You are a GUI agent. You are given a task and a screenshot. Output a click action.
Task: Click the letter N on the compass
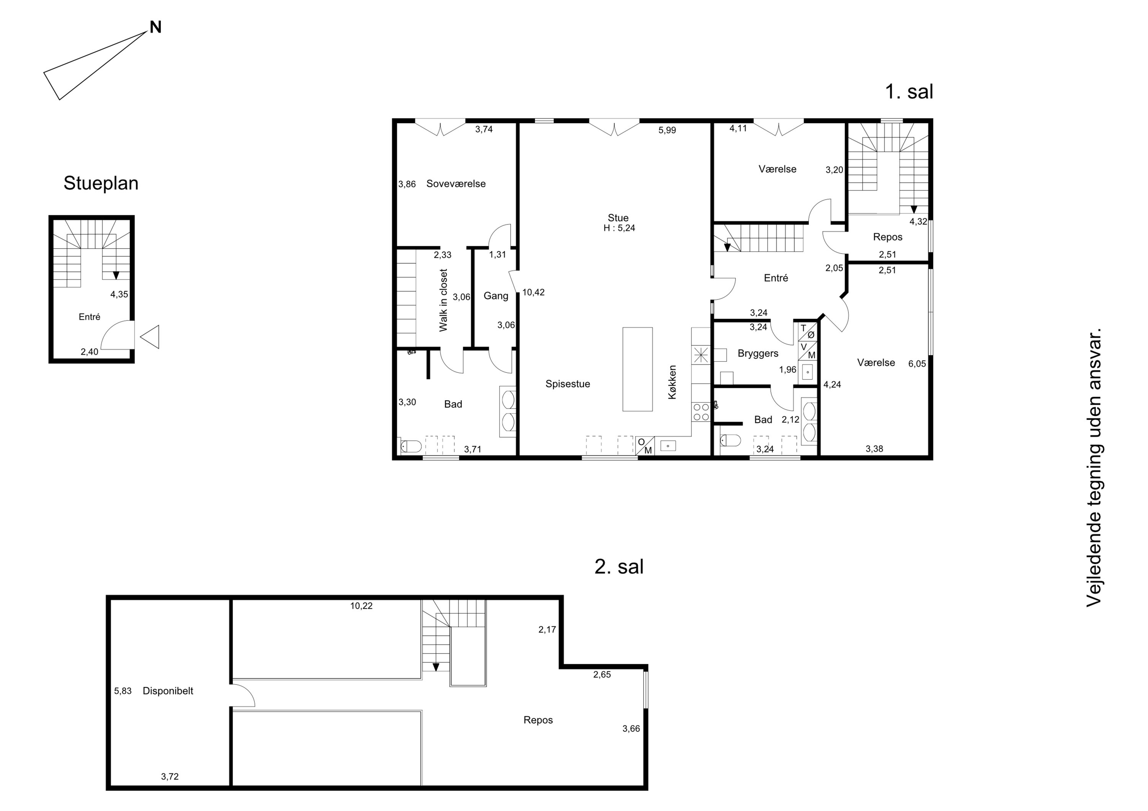click(155, 27)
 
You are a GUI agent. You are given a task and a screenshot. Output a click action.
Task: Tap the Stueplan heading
click(101, 184)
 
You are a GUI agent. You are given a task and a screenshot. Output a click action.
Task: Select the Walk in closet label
click(444, 300)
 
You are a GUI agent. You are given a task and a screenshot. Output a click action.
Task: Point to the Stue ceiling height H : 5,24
click(619, 228)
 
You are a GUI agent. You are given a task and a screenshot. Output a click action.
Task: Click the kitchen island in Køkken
click(638, 369)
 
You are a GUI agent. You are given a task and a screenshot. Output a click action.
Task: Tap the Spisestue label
click(567, 384)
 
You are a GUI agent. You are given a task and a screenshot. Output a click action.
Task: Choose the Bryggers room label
click(758, 354)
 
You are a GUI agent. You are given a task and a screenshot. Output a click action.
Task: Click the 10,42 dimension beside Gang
click(533, 293)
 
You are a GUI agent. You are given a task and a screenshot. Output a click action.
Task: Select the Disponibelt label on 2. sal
click(168, 691)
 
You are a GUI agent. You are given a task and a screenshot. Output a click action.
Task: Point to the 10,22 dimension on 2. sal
click(361, 606)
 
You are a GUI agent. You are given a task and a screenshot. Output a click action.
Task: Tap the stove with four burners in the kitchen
click(701, 412)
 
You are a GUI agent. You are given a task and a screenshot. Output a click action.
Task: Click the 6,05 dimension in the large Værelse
click(917, 364)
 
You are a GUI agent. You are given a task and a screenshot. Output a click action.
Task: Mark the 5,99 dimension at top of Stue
click(667, 130)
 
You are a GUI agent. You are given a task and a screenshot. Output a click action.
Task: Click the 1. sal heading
click(909, 91)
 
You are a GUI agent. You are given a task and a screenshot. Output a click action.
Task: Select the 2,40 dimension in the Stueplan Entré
click(90, 352)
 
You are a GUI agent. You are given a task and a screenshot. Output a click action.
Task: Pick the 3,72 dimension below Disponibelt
click(170, 777)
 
